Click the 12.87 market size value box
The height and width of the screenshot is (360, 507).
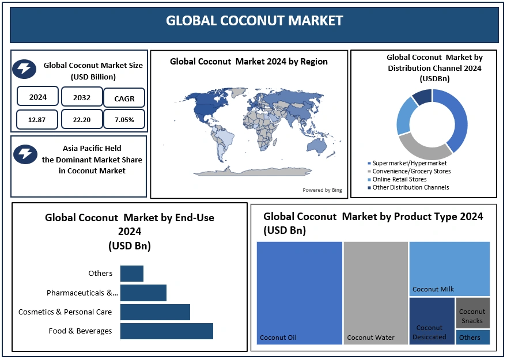coord(37,119)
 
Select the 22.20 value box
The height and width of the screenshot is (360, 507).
coord(81,119)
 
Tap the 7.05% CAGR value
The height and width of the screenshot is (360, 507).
coord(124,119)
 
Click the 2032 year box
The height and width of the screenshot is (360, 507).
coord(81,97)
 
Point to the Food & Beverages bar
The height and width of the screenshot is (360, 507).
coord(167,331)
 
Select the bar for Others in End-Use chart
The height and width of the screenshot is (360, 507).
coord(132,274)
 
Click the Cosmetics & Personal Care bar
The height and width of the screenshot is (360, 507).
coord(155,312)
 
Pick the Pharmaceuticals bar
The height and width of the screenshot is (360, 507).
coord(143,293)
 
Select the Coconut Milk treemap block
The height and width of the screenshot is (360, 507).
coord(449,268)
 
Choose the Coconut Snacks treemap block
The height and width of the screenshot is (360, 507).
coord(472,313)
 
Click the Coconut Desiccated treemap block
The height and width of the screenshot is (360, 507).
coord(432,321)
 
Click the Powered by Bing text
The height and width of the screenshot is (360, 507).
coord(322,190)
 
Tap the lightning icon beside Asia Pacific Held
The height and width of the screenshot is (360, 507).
coord(25,153)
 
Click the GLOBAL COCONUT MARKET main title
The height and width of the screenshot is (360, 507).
coord(254,21)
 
